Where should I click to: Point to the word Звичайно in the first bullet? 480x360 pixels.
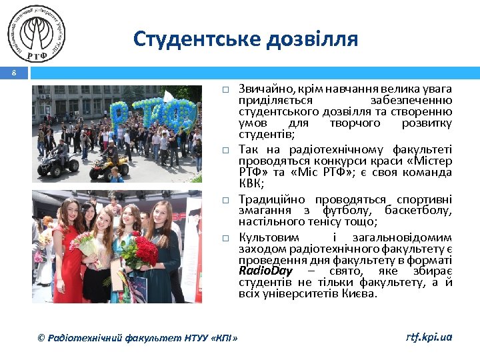coord(259,89)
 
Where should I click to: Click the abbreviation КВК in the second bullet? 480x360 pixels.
coord(251,183)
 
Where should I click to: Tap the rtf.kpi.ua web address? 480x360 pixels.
coord(429,337)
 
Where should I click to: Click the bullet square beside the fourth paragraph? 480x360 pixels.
coord(226,238)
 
